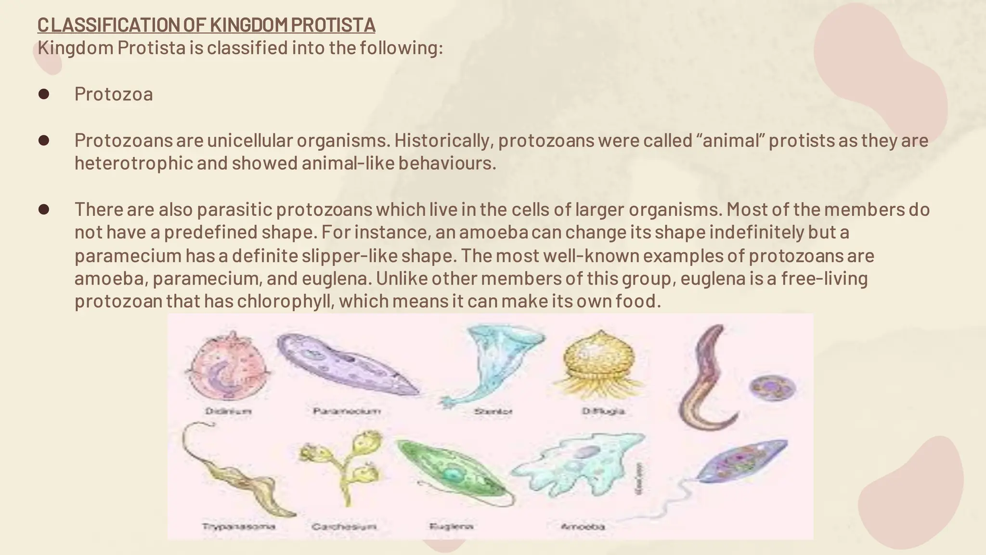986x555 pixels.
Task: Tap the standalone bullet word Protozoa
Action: (114, 94)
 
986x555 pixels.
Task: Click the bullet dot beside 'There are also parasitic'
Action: (44, 210)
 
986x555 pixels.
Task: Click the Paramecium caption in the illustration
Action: (347, 411)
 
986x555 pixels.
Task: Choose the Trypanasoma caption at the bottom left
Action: (239, 526)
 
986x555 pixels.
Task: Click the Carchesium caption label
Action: (343, 527)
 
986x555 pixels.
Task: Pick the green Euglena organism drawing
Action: (453, 472)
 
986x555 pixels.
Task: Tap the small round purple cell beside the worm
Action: (772, 388)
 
